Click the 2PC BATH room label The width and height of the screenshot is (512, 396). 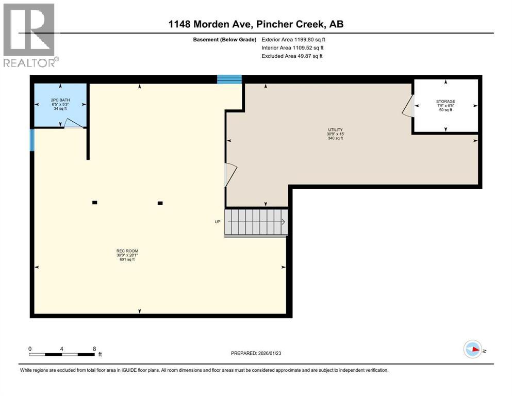(x=60, y=100)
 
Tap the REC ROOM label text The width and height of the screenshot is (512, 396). (x=127, y=251)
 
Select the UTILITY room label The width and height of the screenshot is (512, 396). (x=335, y=129)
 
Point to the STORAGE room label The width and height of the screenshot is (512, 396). (x=445, y=102)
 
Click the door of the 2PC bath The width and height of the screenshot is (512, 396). (x=74, y=123)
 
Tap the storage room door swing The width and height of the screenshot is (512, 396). (x=408, y=106)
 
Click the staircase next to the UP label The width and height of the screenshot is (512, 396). (x=256, y=222)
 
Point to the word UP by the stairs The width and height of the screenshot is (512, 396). (x=218, y=222)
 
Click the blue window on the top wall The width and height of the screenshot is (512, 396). (x=229, y=79)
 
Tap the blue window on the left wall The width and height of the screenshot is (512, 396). (x=32, y=140)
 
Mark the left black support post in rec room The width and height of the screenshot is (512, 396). (x=95, y=203)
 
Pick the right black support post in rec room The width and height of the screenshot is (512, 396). (x=160, y=203)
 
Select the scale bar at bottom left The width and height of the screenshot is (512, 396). (x=62, y=354)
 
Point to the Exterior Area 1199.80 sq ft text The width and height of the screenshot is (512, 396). (x=293, y=40)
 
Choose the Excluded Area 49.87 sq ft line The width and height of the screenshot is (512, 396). (x=292, y=56)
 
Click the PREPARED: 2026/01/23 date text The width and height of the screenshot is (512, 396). (x=256, y=353)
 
